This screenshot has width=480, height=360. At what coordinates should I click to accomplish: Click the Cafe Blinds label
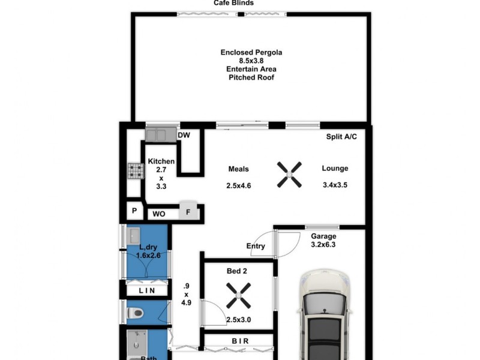(x=234, y=3)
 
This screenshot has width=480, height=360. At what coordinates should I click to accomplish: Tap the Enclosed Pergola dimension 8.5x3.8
(x=251, y=61)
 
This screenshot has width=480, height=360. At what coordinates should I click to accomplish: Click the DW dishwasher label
(x=184, y=136)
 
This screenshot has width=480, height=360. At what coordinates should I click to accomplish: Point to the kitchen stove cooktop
(x=135, y=172)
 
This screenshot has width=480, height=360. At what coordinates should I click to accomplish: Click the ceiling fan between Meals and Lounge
(x=289, y=175)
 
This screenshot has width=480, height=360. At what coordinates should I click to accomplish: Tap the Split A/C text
(x=341, y=137)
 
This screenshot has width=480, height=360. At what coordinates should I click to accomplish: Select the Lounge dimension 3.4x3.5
(x=335, y=185)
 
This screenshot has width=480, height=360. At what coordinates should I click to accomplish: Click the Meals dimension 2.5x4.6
(x=239, y=186)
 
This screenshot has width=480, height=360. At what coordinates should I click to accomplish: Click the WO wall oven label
(x=159, y=214)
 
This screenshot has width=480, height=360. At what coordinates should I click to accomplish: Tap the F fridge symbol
(x=188, y=212)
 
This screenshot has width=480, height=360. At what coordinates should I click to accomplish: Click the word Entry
(x=256, y=246)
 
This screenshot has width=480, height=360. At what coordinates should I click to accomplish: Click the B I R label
(x=240, y=341)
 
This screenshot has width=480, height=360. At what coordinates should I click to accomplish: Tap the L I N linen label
(x=147, y=290)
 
